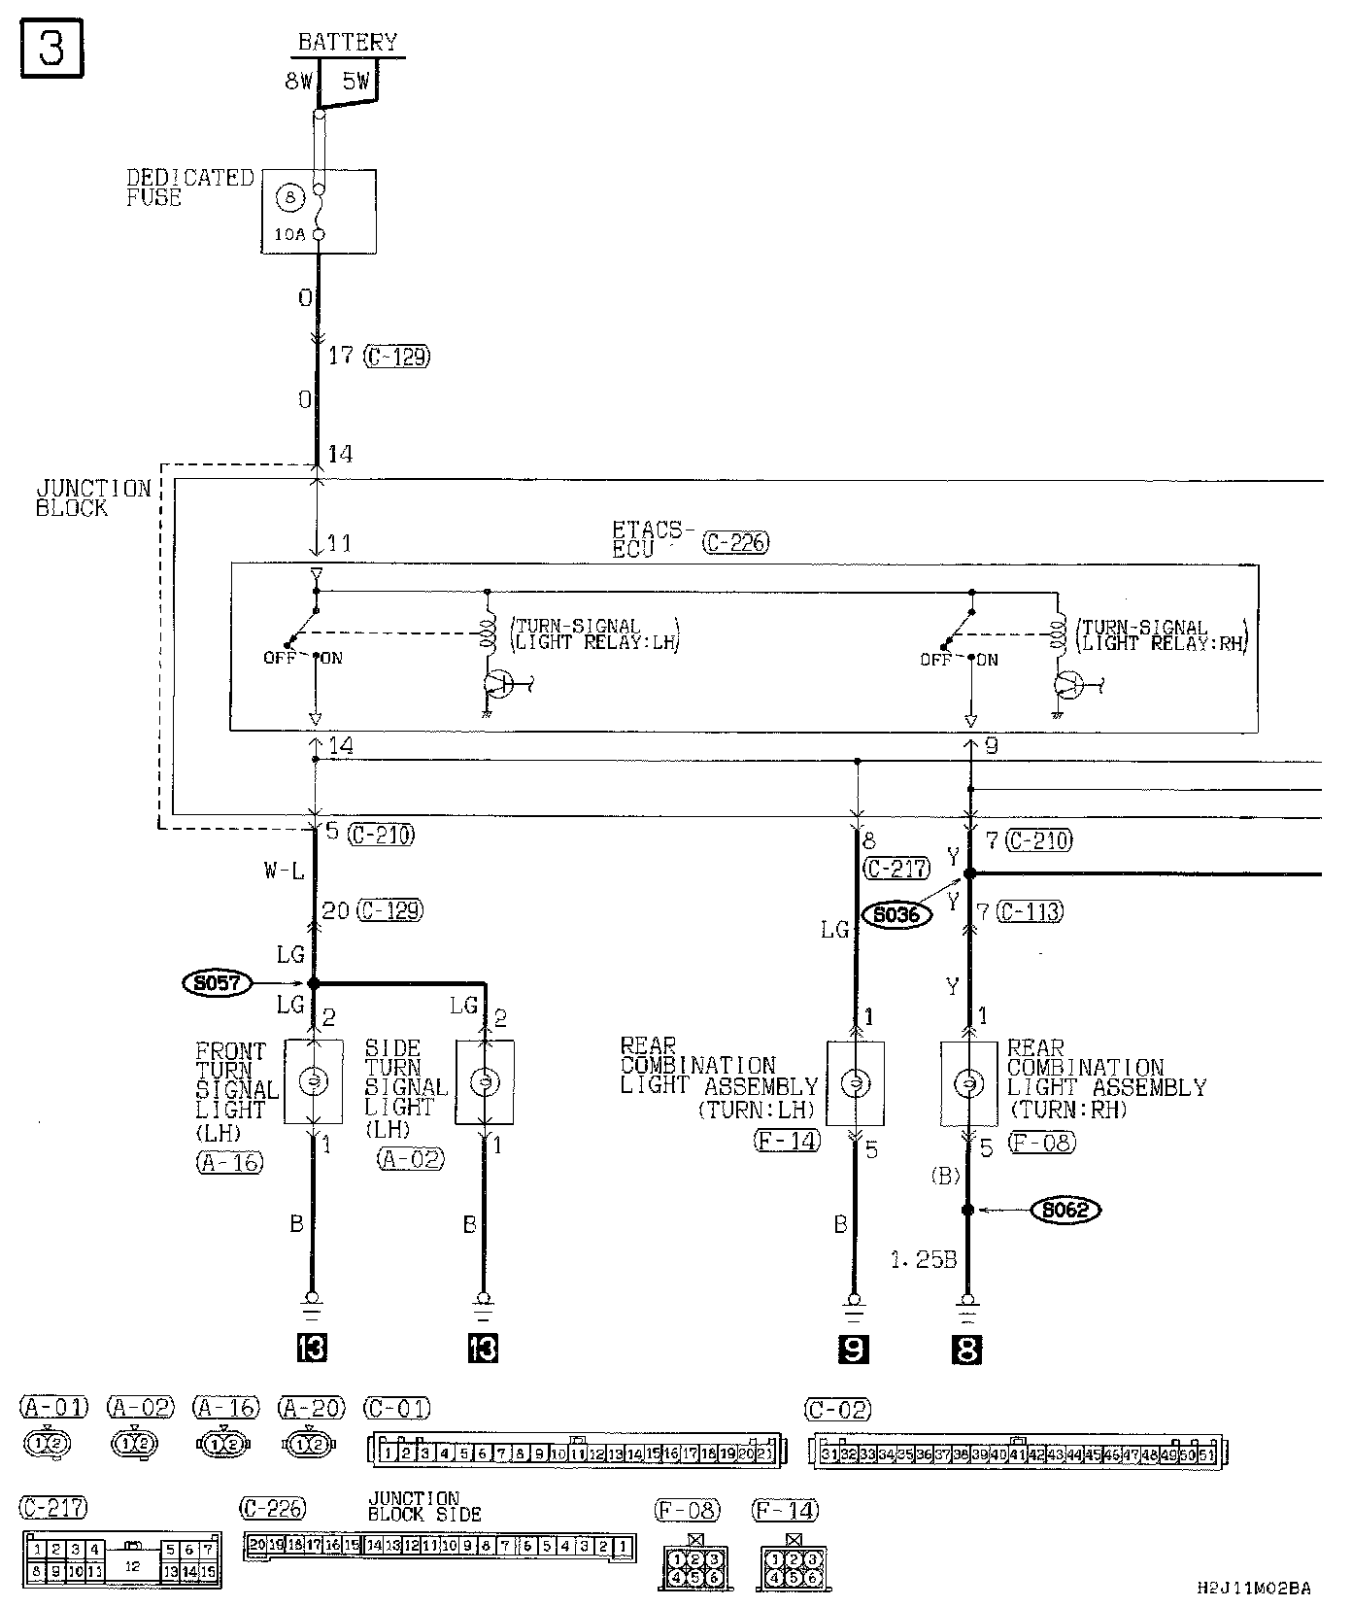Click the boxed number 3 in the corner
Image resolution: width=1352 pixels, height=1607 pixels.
51,47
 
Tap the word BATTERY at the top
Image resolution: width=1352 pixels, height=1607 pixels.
347,42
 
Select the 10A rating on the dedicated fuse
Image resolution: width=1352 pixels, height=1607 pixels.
288,235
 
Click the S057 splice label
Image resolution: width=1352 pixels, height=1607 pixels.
216,983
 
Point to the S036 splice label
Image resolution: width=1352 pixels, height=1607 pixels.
896,914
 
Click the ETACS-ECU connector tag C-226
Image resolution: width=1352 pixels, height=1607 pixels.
736,542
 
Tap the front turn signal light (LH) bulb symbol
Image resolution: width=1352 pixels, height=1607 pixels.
313,1081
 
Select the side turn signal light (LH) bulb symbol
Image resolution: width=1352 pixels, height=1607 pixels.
484,1081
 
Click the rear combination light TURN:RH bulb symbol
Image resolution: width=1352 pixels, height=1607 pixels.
968,1083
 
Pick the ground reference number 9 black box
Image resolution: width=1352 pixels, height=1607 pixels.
854,1349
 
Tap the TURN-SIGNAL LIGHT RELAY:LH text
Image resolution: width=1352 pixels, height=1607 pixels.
594,634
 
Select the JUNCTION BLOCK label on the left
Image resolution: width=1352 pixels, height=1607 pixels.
93,497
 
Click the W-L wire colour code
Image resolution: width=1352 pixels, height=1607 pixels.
284,872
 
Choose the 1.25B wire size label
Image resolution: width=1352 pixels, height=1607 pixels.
924,1260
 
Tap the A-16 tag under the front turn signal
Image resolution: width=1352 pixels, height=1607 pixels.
230,1162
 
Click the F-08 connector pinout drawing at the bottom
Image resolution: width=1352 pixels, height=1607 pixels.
693,1568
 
